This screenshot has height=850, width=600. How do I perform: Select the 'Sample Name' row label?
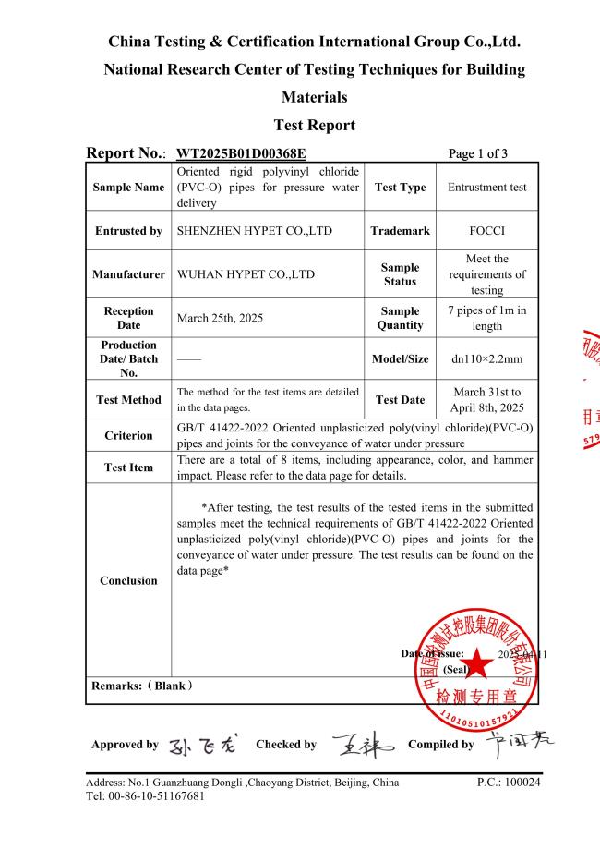pos(128,188)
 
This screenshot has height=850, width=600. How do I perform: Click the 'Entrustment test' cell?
pos(486,188)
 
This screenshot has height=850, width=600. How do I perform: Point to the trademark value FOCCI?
pos(486,231)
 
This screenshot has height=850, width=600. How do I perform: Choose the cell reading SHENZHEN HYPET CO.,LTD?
pos(254,231)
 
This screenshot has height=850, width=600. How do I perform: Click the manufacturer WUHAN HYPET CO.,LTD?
pos(245,274)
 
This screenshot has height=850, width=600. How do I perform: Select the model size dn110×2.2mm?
pos(486,359)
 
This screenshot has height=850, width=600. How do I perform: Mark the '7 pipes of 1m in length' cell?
pos(486,318)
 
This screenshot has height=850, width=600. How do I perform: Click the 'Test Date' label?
pos(400,400)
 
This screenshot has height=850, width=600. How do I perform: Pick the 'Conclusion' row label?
pos(128,580)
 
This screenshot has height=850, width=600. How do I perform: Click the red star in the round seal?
pos(478,662)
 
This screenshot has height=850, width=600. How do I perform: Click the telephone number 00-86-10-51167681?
pos(152,797)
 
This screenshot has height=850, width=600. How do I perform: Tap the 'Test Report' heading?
pos(315,125)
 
